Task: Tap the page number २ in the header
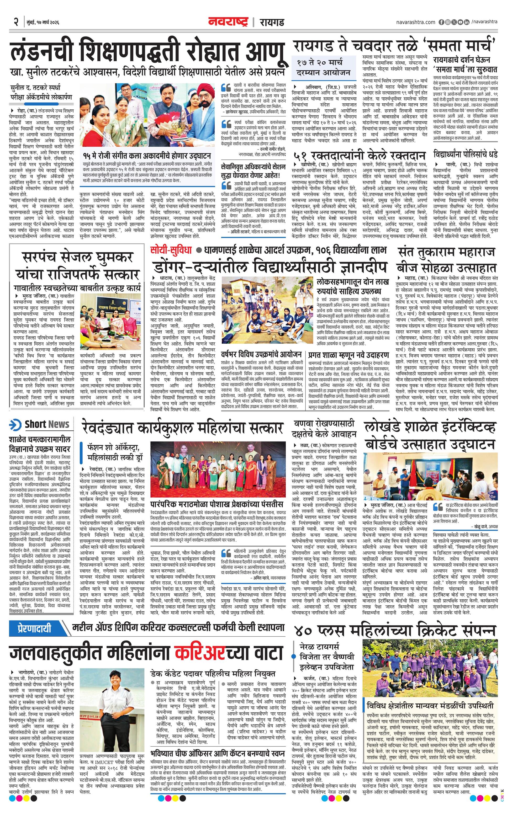[16, 22]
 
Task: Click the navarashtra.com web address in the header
[416, 22]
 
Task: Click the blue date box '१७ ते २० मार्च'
[324, 67]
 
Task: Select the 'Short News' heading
[47, 424]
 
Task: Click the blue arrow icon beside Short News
[15, 424]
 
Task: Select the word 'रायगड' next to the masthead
[272, 22]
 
